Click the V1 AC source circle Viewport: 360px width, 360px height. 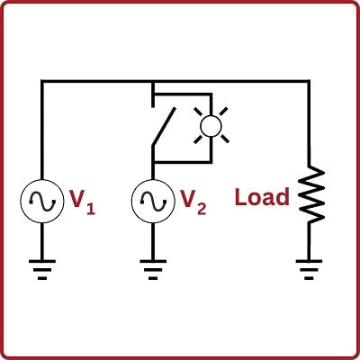click(42, 199)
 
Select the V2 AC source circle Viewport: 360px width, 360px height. click(152, 199)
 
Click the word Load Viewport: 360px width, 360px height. click(262, 197)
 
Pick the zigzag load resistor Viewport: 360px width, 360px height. click(310, 193)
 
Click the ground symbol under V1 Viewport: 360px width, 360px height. click(42, 268)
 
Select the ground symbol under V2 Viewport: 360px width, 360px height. click(152, 268)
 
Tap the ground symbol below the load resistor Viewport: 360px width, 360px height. click(310, 268)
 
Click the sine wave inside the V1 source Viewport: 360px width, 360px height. click(42, 199)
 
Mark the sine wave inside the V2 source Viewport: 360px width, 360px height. click(152, 199)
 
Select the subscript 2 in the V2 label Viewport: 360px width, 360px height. click(202, 208)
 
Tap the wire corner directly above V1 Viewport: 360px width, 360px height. click(42, 82)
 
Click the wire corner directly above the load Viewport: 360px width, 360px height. click(310, 82)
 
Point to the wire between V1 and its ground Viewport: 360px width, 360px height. click(42, 238)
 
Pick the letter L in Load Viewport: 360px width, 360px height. click(240, 197)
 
